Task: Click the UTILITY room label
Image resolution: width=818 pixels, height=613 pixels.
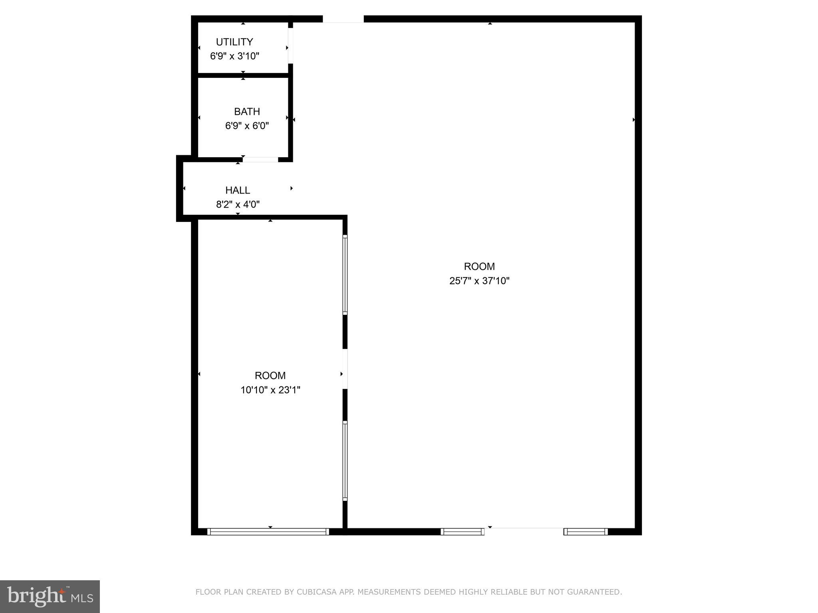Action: [x=234, y=42]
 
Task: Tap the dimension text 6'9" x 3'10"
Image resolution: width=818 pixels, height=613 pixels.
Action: [x=234, y=56]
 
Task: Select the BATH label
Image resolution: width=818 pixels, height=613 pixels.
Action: [x=247, y=111]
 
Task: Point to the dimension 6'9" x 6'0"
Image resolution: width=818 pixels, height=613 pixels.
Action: [x=247, y=126]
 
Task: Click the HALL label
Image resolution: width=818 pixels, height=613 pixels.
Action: [x=238, y=190]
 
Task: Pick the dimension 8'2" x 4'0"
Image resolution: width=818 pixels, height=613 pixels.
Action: [x=238, y=205]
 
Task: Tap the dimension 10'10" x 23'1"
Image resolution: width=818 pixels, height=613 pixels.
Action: [x=270, y=390]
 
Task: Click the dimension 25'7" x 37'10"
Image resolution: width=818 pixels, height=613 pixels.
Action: [x=479, y=281]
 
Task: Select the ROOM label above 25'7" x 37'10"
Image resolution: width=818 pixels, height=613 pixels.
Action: [x=479, y=267]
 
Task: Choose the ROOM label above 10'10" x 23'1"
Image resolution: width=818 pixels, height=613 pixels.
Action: [x=270, y=376]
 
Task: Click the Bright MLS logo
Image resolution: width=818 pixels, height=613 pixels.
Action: [x=50, y=597]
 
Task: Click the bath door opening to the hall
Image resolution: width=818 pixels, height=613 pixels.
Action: [x=260, y=160]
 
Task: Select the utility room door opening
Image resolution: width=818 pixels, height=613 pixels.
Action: [x=290, y=45]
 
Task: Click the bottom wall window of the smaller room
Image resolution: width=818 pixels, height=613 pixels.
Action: [x=268, y=532]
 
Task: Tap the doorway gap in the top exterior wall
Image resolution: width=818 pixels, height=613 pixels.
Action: [x=343, y=19]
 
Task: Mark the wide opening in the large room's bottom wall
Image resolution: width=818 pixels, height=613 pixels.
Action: [x=524, y=531]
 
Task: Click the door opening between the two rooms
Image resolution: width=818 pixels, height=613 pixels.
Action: [x=345, y=369]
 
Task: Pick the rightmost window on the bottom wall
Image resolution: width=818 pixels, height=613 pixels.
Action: [x=586, y=532]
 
